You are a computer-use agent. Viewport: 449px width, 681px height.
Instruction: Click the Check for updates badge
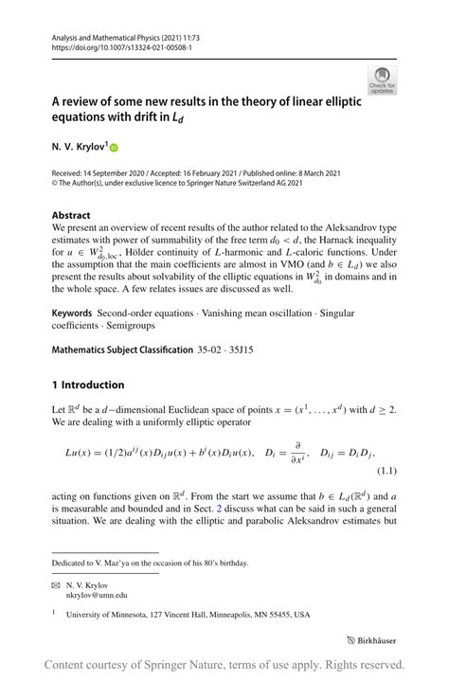point(383,80)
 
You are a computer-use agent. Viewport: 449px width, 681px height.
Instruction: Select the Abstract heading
point(71,215)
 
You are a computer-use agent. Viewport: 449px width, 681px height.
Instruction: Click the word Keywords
point(72,312)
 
